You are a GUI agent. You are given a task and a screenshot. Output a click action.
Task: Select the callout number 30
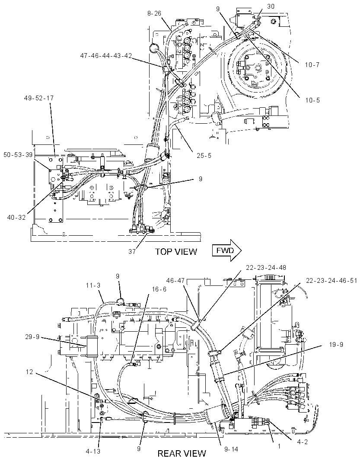(271, 6)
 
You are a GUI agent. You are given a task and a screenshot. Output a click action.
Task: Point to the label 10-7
(312, 64)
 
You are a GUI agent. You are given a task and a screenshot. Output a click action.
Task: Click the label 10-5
(312, 100)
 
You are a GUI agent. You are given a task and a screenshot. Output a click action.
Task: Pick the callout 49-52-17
(39, 98)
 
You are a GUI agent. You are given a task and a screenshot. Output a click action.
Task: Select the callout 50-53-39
(18, 155)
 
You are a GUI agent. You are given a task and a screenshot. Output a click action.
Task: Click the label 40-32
(17, 217)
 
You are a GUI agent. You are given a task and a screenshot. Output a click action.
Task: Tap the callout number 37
(132, 252)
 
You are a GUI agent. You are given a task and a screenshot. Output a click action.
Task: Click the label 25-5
(204, 156)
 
